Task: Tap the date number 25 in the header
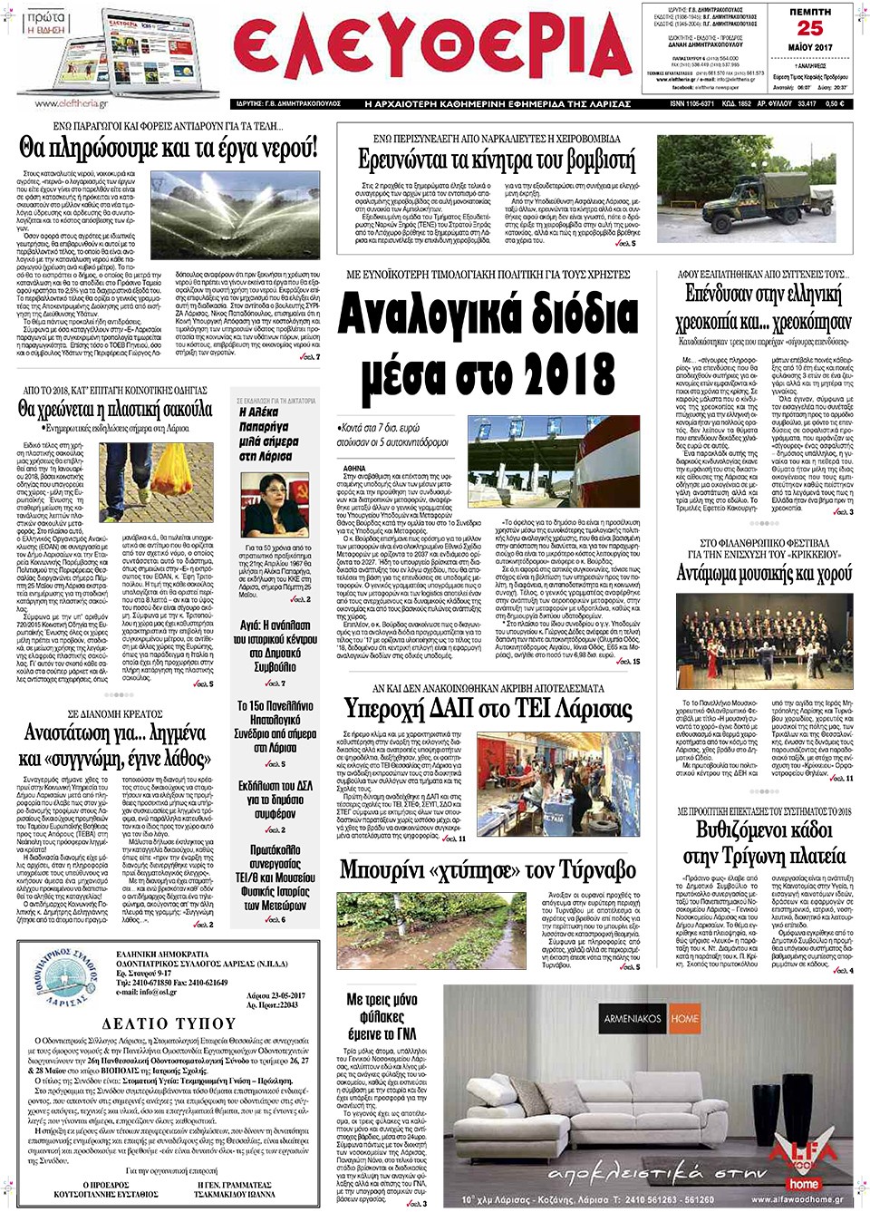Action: click(809, 28)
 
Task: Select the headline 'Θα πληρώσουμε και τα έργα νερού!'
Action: click(169, 147)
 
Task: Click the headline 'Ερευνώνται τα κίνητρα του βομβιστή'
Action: click(496, 160)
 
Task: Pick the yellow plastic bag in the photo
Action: click(172, 467)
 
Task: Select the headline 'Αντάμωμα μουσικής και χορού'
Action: click(764, 573)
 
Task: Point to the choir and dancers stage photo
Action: click(764, 640)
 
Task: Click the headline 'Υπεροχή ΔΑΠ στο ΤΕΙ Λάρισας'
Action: click(488, 709)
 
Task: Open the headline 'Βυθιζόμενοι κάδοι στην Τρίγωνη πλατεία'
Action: click(764, 843)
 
